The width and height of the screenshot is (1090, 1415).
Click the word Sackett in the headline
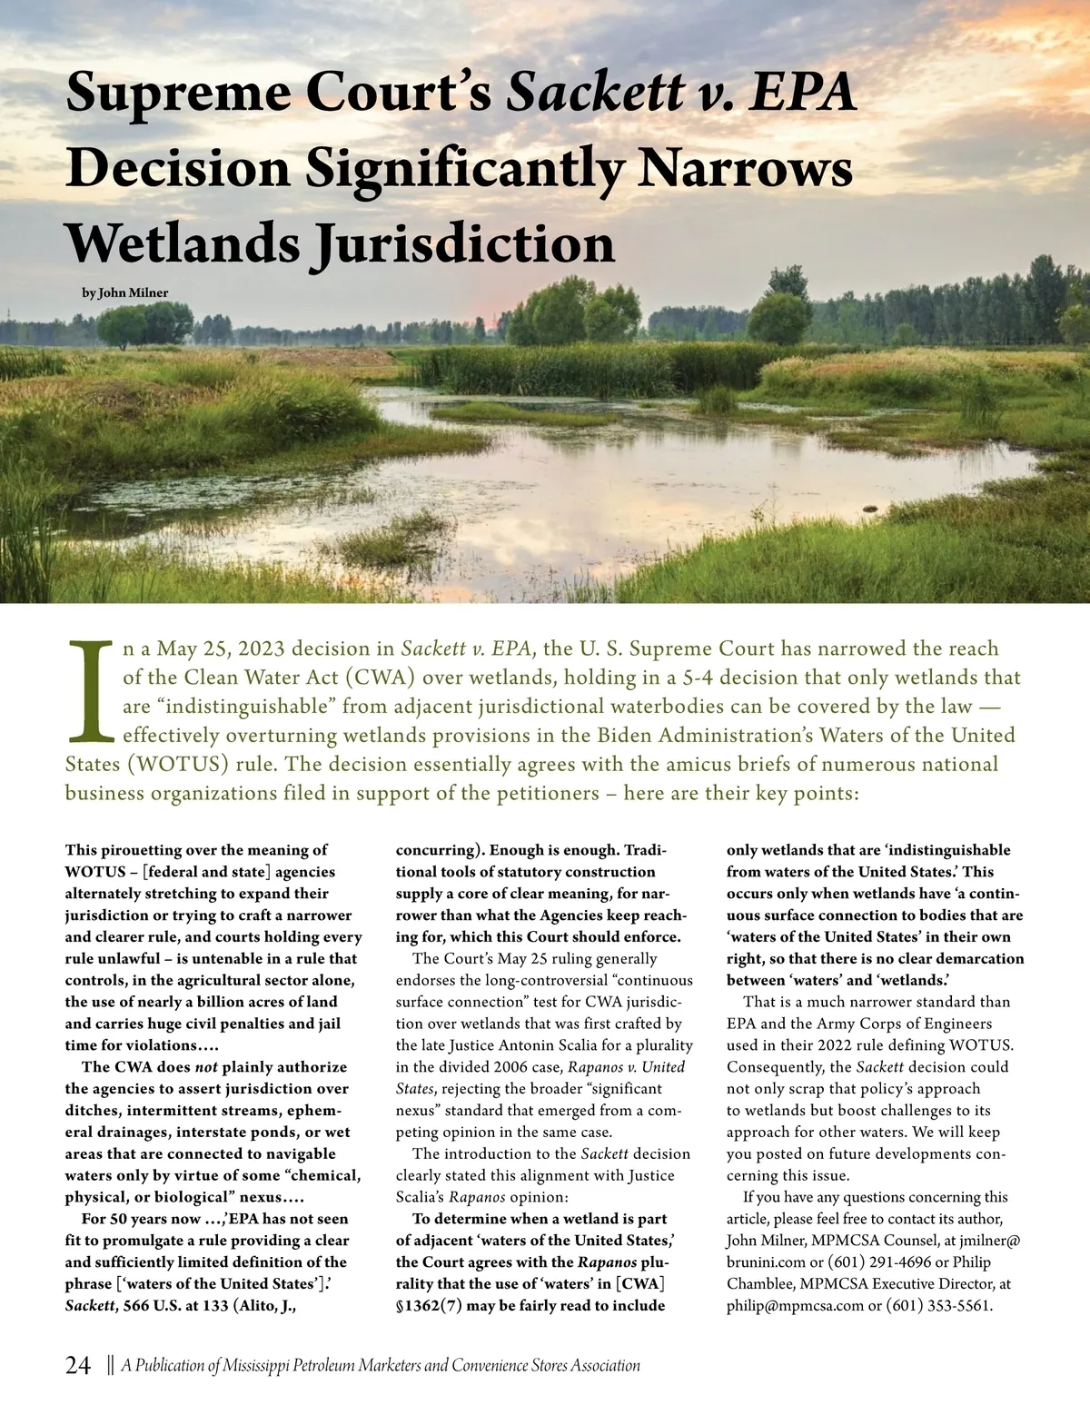[596, 93]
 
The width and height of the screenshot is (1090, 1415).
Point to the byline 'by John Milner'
[125, 292]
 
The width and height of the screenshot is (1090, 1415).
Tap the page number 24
[78, 1365]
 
